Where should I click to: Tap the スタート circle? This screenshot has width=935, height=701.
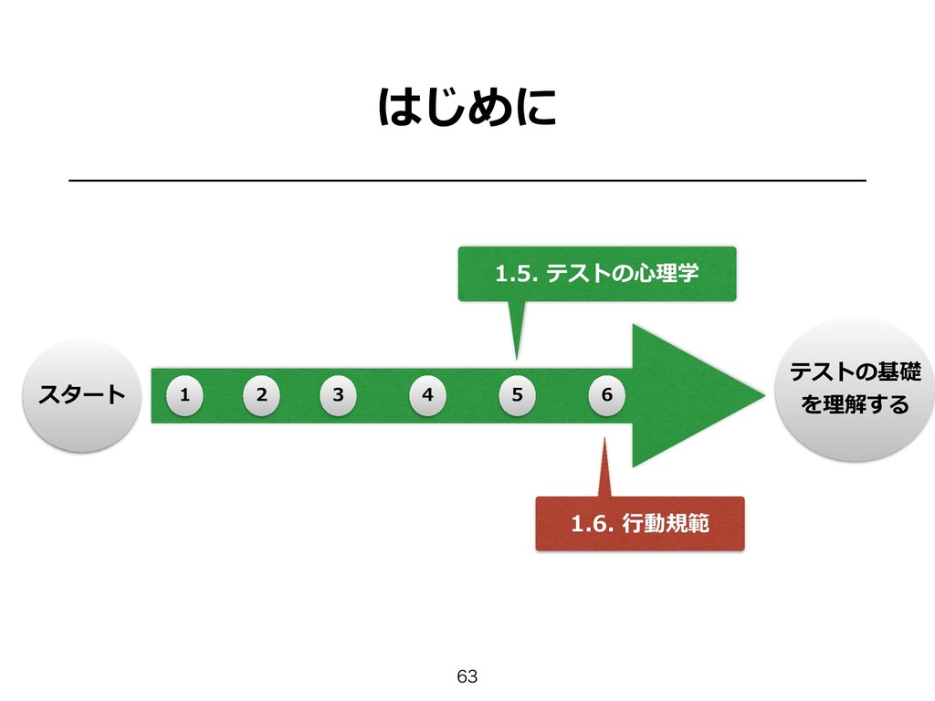80,394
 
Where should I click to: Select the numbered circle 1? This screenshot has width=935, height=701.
184,395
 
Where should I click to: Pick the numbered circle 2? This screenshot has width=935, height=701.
262,395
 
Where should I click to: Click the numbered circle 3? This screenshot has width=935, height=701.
339,395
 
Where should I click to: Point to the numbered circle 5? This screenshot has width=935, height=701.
518,395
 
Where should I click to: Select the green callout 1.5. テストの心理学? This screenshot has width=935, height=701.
596,272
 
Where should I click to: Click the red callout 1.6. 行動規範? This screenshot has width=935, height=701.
639,524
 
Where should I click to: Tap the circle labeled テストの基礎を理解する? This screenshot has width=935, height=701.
855,389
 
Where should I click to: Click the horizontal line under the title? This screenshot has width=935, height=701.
467,182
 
